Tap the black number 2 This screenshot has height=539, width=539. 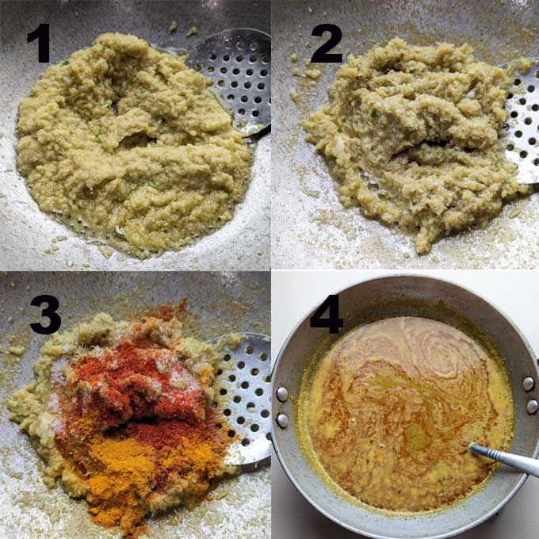(327, 44)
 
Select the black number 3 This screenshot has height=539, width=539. (46, 315)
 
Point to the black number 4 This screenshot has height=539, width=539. (327, 314)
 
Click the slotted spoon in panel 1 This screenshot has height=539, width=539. (234, 82)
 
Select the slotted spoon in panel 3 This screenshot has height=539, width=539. (243, 396)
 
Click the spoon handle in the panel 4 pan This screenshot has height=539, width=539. (503, 459)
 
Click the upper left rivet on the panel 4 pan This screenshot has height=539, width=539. (282, 394)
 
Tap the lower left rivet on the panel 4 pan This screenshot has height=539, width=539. (282, 420)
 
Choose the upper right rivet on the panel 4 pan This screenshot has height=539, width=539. (529, 384)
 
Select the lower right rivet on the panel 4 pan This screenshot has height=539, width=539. (532, 407)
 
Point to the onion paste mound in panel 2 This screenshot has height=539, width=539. (412, 137)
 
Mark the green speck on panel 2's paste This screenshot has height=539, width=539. (374, 113)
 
